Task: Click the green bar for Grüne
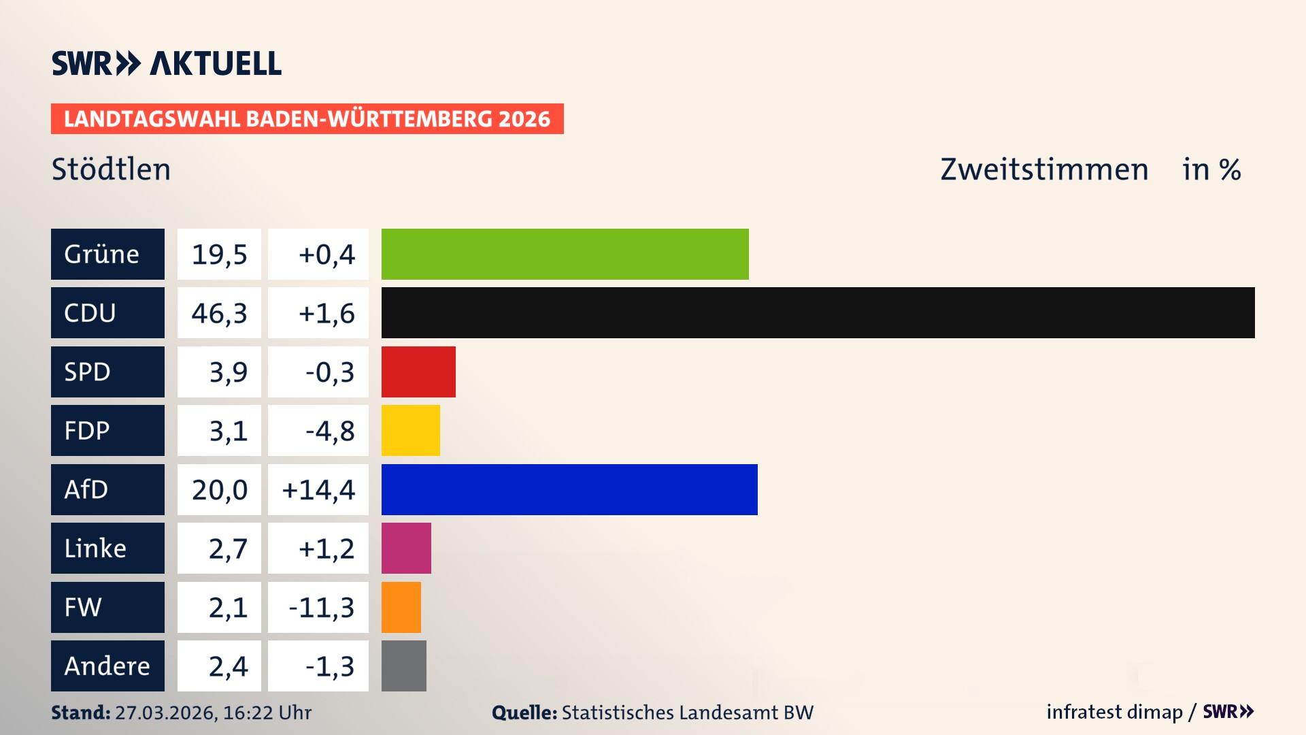pyautogui.click(x=565, y=254)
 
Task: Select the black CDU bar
pyautogui.click(x=818, y=312)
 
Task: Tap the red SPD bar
pyautogui.click(x=418, y=372)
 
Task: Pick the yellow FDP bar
pyautogui.click(x=410, y=430)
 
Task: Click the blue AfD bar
pyautogui.click(x=569, y=489)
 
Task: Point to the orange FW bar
pyautogui.click(x=401, y=607)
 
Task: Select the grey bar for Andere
pyautogui.click(x=403, y=666)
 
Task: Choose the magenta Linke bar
pyautogui.click(x=406, y=548)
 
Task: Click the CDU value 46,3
pyautogui.click(x=219, y=313)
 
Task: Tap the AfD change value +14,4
pyautogui.click(x=318, y=490)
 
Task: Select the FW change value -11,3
pyautogui.click(x=321, y=608)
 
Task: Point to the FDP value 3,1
pyautogui.click(x=228, y=431)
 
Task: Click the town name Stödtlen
pyautogui.click(x=111, y=169)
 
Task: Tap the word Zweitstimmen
pyautogui.click(x=1044, y=169)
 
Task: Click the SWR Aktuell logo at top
pyautogui.click(x=166, y=63)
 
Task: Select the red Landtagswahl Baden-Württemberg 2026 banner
pyautogui.click(x=307, y=118)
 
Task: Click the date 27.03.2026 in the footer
pyautogui.click(x=165, y=713)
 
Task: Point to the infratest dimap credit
pyautogui.click(x=1114, y=712)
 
